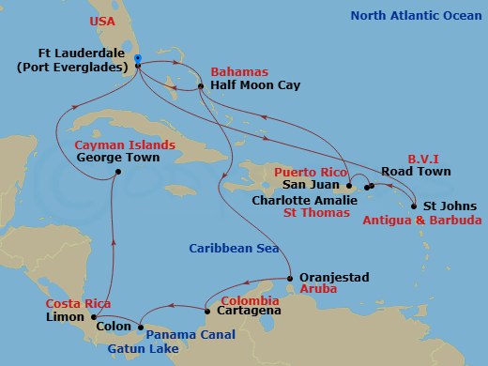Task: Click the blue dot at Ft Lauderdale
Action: coord(138,59)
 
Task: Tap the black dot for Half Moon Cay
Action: coord(202,88)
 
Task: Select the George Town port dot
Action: coord(116,172)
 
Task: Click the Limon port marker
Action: coord(107,314)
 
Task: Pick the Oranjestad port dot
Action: coord(289,279)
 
